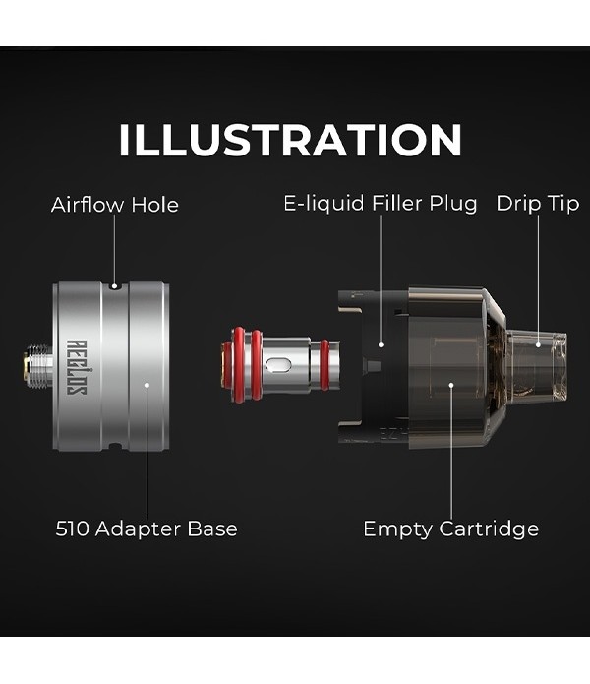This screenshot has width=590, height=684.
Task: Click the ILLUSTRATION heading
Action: [x=290, y=139]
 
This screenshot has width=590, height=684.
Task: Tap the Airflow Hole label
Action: [x=115, y=205]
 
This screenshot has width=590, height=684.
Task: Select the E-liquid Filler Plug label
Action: [x=380, y=204]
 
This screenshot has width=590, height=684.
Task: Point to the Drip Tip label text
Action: [x=538, y=204]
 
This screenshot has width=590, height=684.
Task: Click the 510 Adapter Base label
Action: [x=147, y=529]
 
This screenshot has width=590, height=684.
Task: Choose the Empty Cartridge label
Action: [x=451, y=529]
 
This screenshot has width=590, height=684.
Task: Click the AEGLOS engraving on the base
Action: [x=77, y=367]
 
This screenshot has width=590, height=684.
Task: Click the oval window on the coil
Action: [x=279, y=365]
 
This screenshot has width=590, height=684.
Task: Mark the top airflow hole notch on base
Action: [x=115, y=286]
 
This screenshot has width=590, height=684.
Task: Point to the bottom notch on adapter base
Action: [x=115, y=446]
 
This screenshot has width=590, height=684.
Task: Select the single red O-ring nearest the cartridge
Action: [x=324, y=365]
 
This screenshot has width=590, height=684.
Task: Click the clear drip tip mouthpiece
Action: [x=539, y=365]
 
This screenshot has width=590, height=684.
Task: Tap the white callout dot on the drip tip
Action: [x=538, y=344]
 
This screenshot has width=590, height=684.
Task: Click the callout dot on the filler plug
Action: [x=381, y=344]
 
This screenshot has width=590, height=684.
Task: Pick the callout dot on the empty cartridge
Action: [x=451, y=385]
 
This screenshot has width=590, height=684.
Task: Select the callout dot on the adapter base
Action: [x=147, y=385]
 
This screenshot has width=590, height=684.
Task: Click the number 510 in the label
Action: [x=73, y=529]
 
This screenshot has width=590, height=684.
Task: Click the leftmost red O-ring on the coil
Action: [x=239, y=365]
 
